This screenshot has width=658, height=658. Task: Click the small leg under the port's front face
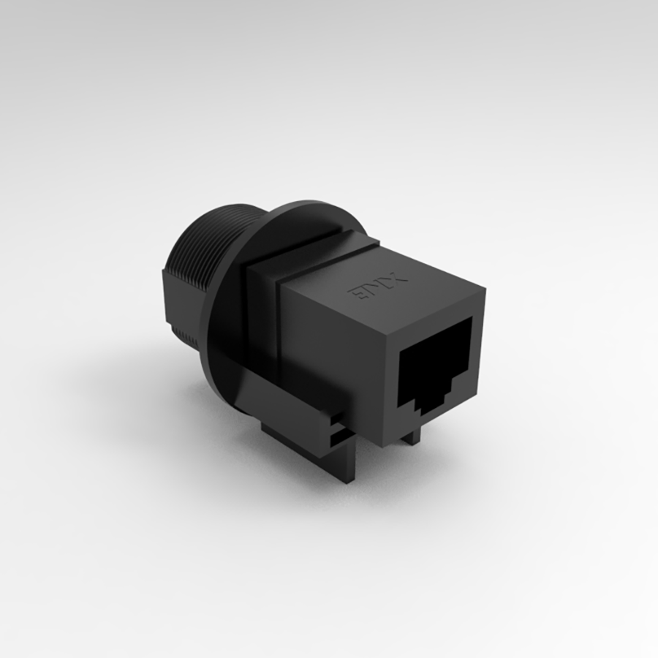(x=412, y=436)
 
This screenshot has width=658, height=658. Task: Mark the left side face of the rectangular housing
(x=329, y=351)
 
